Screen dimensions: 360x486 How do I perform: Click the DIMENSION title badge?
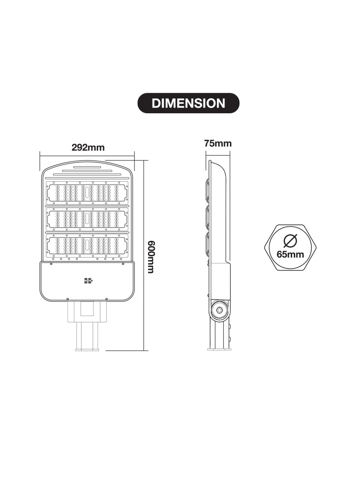tap(189, 103)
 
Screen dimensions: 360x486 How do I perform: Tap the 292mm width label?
tap(88, 147)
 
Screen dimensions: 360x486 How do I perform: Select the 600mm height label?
tap(150, 257)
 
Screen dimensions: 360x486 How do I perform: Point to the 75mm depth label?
tap(218, 143)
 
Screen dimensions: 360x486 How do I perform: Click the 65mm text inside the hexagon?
tap(290, 254)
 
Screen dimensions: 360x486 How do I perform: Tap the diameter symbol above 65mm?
tap(291, 241)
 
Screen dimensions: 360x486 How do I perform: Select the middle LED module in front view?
tap(87, 219)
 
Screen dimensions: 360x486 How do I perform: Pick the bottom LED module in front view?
tap(87, 245)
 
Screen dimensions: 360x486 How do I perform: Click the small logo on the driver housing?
tap(89, 281)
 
